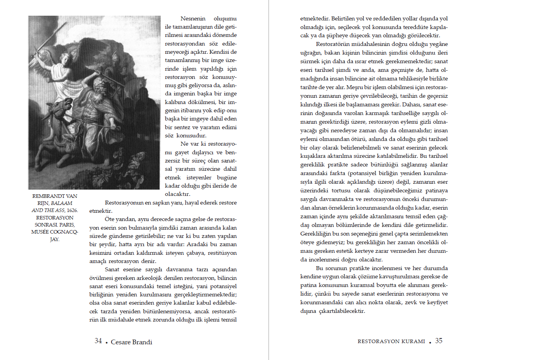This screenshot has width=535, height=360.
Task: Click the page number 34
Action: (x=98, y=341)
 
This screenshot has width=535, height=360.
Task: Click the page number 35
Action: (x=439, y=341)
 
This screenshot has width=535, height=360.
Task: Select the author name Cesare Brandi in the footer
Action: (x=131, y=342)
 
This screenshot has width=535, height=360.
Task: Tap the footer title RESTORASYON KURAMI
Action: (x=391, y=342)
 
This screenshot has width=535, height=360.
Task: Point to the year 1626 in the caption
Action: (x=72, y=210)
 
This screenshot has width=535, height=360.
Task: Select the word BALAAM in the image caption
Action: (x=62, y=203)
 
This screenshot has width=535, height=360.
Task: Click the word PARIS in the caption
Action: (x=67, y=225)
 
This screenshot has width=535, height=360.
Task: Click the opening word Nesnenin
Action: (x=193, y=18)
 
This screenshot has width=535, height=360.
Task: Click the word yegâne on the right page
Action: (x=437, y=44)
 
